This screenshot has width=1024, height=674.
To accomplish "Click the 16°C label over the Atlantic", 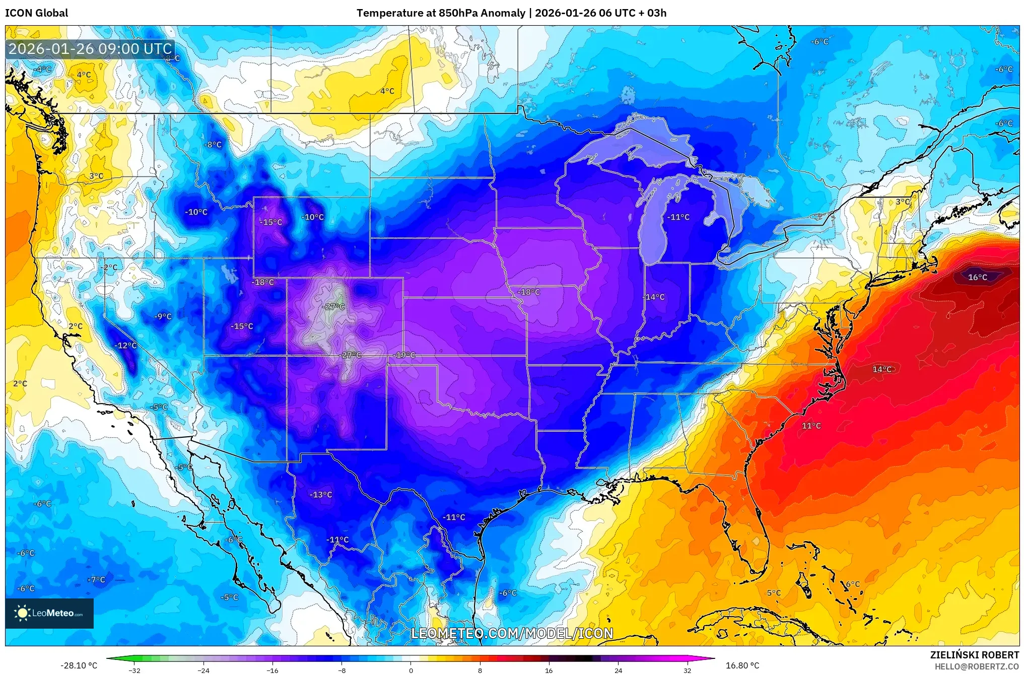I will coord(977,277).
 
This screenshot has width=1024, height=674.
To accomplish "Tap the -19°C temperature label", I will coord(404,355).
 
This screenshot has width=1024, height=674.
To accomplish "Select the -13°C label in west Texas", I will coord(321,495).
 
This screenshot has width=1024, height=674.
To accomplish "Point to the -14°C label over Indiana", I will coord(654,297).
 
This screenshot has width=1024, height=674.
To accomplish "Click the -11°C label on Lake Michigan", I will coord(678,217).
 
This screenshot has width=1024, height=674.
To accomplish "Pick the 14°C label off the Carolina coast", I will coord(882,369).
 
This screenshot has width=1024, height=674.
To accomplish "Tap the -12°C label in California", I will coord(125,346).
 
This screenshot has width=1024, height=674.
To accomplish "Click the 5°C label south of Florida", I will coord(774,593).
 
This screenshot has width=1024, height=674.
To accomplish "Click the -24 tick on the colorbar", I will coord(203,670).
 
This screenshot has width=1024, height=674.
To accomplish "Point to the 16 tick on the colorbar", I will coord(549,670).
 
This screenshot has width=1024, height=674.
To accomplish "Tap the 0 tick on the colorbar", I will coord(411,670).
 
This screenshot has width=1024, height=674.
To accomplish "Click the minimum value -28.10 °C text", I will coord(79,665).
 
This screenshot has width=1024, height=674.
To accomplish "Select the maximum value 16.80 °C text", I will coord(742,665).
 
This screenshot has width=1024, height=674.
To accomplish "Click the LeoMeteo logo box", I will coord(49,613).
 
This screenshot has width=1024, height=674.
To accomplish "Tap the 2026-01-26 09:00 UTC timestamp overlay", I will coord(91,49).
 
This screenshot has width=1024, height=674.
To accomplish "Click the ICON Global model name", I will coord(37,13).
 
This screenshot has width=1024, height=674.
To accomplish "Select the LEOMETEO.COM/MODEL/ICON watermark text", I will coord(512,633).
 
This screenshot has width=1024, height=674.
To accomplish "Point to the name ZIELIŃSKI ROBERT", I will coord(974,655).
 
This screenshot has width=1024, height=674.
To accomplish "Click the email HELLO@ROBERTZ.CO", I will coord(977,666).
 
